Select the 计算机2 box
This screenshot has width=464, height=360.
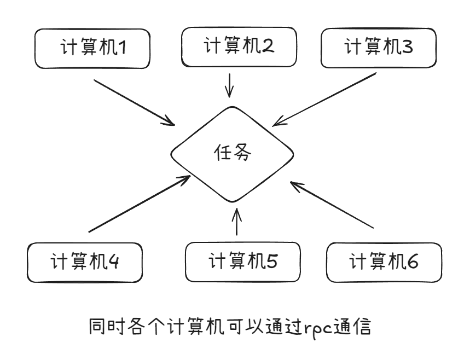(239, 46)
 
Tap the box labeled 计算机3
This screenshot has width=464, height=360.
(379, 47)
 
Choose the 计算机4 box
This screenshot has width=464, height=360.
(85, 263)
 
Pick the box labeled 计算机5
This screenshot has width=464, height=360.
(243, 262)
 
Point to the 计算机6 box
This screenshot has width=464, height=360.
(384, 262)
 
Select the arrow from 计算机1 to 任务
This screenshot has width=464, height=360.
(134, 102)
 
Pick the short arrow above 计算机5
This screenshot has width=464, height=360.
(236, 222)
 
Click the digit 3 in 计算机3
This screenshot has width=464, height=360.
(408, 48)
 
